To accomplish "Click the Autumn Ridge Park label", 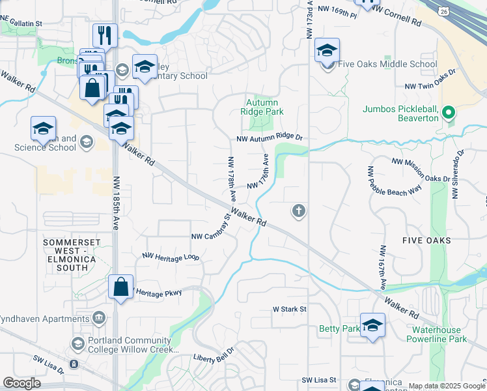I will tap(262, 107).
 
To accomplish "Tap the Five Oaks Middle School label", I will tap(388, 65).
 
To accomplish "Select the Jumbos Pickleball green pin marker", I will tap(447, 113).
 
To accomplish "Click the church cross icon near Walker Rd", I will tap(299, 210).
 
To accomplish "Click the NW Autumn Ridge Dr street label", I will tap(270, 138).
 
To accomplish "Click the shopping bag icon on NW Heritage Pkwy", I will tap(121, 287).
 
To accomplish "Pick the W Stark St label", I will tap(289, 308).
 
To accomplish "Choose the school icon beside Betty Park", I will tap(372, 325).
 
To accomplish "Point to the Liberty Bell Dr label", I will tap(217, 358).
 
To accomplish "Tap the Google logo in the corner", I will tap(21, 383).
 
